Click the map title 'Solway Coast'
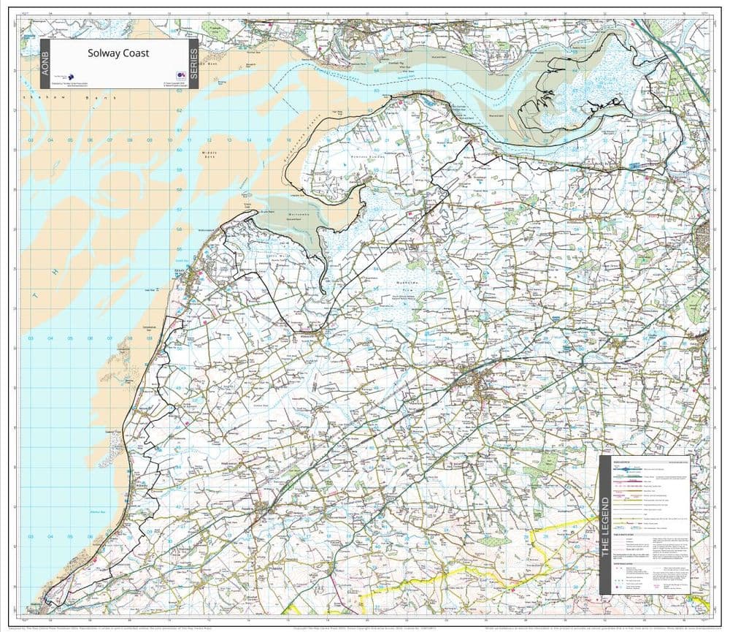click(118, 53)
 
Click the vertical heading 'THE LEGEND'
click(604, 526)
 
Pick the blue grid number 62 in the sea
click(179, 110)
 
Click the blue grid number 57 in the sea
click(179, 209)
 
